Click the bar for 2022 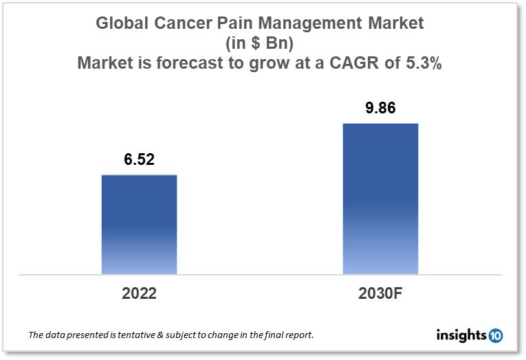pyautogui.click(x=139, y=225)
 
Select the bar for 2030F pyautogui.click(x=380, y=199)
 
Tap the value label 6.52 pyautogui.click(x=139, y=160)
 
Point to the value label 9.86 pyautogui.click(x=380, y=109)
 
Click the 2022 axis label pyautogui.click(x=139, y=293)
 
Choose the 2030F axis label pyautogui.click(x=380, y=293)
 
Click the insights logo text pyautogui.click(x=461, y=335)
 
